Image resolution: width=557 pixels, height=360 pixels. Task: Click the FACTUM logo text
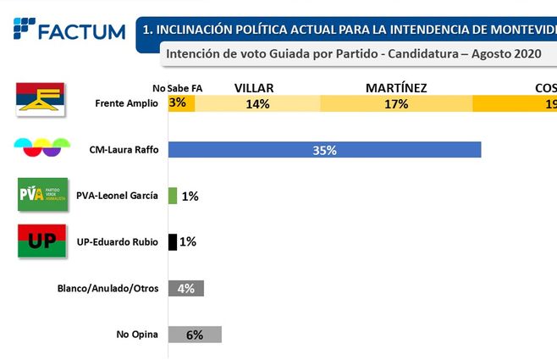pos(82,31)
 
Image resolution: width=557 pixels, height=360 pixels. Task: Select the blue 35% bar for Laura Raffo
pos(325,150)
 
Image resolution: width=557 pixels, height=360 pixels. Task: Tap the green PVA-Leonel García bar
pos(173,196)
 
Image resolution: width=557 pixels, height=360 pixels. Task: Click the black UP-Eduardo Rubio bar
pos(173,241)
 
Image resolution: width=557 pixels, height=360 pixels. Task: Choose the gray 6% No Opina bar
pos(195,334)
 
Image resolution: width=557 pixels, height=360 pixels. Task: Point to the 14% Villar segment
pos(257,103)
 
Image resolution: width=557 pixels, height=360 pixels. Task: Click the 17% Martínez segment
pos(395,103)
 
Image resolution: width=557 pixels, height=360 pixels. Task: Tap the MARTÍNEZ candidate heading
pos(395,87)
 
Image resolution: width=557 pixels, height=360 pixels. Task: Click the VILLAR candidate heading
pos(257,87)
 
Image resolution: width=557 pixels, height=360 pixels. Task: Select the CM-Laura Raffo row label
pos(123,150)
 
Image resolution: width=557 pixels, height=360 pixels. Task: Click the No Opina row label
pos(137,334)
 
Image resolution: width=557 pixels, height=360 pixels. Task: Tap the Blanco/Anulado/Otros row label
pos(108,288)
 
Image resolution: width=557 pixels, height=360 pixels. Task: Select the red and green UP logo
pos(42,241)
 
